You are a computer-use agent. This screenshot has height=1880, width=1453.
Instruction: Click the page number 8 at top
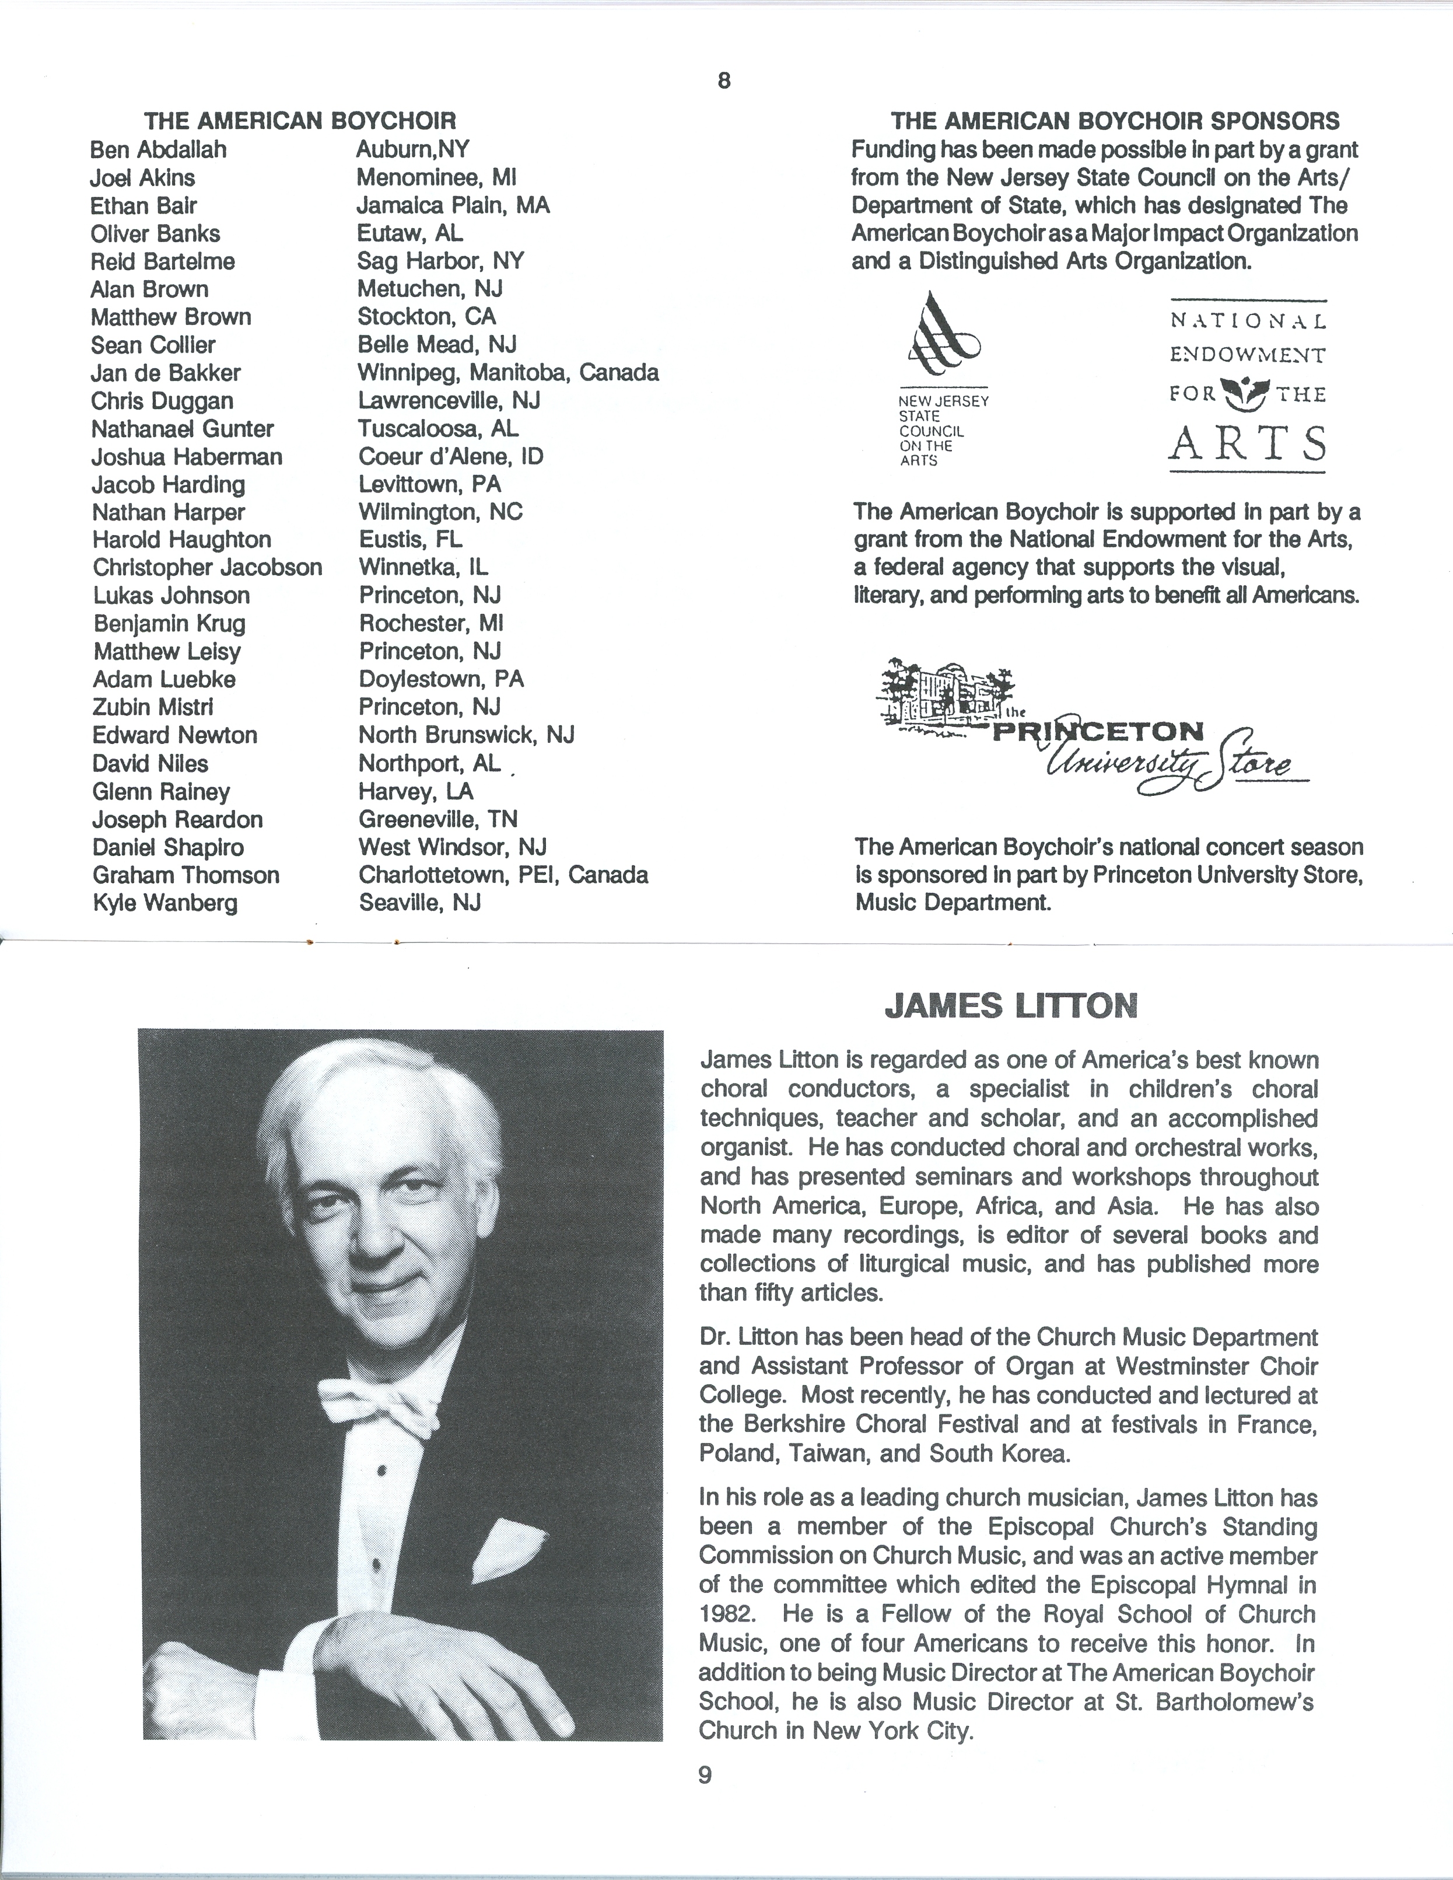click(723, 81)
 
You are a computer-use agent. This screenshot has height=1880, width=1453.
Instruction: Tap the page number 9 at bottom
click(705, 1774)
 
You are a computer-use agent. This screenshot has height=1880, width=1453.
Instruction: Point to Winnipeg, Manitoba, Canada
click(508, 373)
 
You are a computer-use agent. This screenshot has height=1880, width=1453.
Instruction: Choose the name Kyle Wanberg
click(164, 903)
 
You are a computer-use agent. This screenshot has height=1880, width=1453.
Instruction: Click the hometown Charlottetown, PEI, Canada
click(503, 875)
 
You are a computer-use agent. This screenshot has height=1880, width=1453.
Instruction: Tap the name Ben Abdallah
click(159, 150)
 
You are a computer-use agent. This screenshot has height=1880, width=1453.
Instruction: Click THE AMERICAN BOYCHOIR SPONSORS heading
click(1115, 121)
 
